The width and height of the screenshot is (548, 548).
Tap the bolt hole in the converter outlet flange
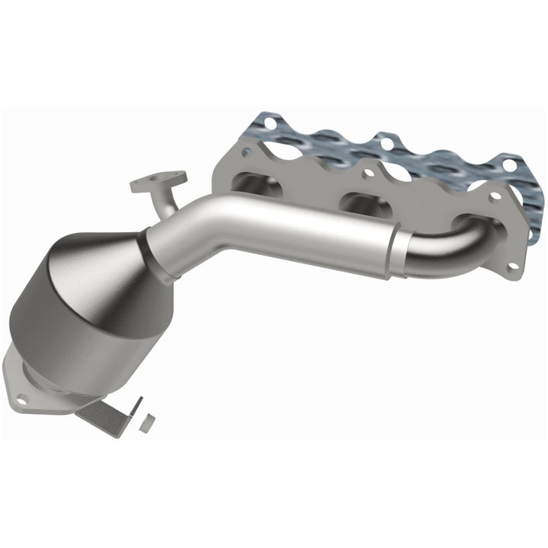coord(22,397)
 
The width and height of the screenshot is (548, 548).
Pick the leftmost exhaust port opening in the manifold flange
coord(251,183)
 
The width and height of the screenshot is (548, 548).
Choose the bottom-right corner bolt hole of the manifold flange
coord(512,266)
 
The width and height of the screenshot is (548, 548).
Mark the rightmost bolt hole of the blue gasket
coord(508,162)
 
